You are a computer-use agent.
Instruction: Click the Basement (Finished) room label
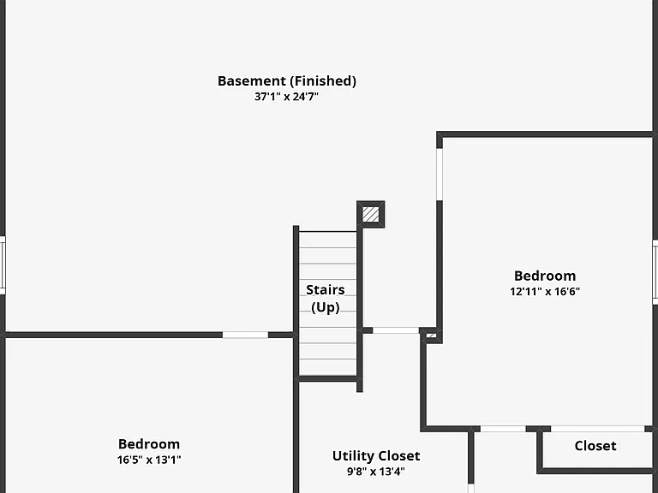287,81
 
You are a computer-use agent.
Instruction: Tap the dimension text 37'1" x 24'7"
287,97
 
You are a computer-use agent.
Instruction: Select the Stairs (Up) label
326,298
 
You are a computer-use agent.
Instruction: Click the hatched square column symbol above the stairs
370,215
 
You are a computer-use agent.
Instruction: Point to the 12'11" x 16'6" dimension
545,291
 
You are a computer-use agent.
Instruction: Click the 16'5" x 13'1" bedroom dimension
149,460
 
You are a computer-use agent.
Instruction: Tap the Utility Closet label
376,455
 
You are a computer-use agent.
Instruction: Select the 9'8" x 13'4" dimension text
375,472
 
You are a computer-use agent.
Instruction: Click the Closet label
595,446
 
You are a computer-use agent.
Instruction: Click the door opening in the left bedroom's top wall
245,335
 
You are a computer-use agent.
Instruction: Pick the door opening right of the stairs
396,330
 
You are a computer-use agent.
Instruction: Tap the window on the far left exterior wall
3,265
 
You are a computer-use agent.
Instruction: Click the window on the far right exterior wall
655,272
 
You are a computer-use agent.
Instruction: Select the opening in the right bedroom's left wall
440,174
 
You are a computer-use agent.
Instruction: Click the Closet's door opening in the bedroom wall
597,429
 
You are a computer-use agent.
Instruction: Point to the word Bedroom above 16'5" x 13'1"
149,444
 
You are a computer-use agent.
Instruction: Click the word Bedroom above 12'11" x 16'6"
545,276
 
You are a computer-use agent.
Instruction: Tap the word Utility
350,456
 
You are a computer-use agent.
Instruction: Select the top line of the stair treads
328,231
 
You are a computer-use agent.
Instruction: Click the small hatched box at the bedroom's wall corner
432,336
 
